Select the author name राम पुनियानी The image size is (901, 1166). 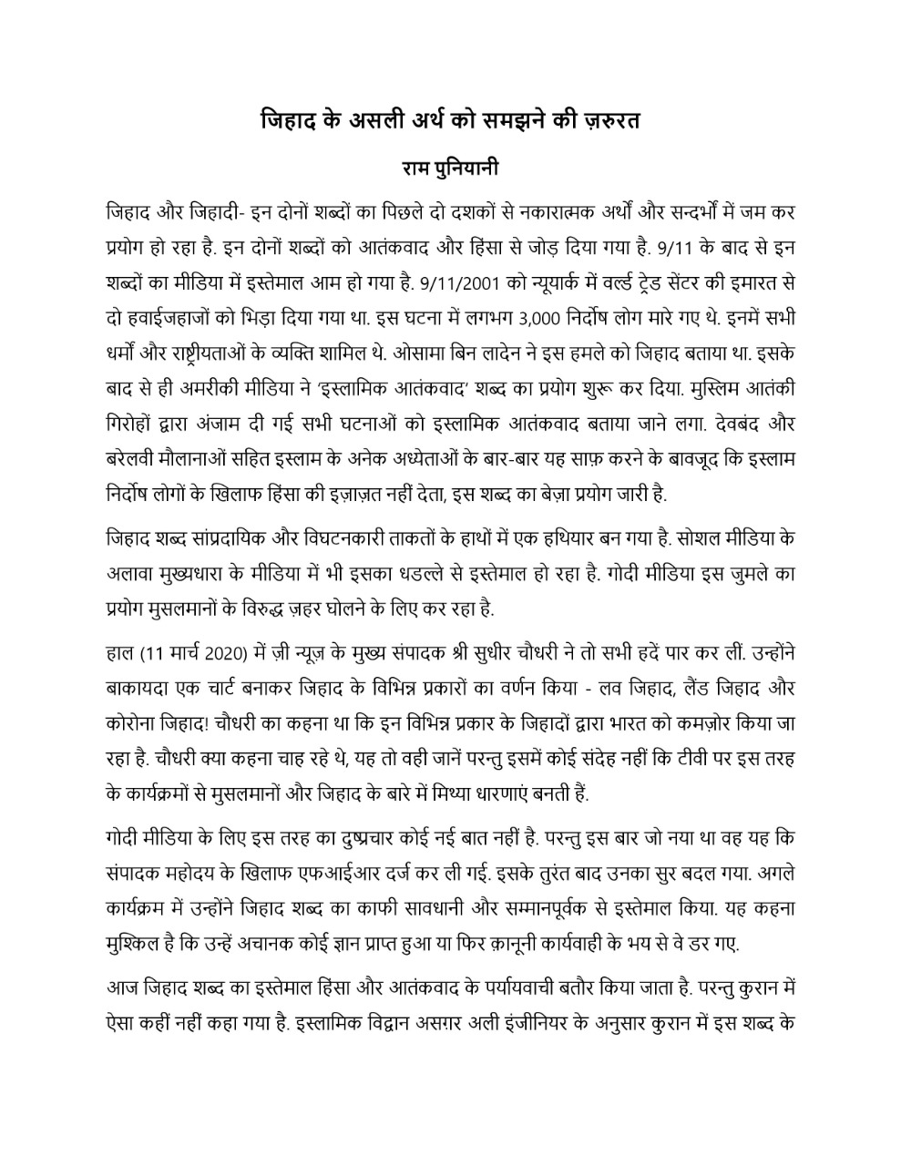[x=450, y=170]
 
